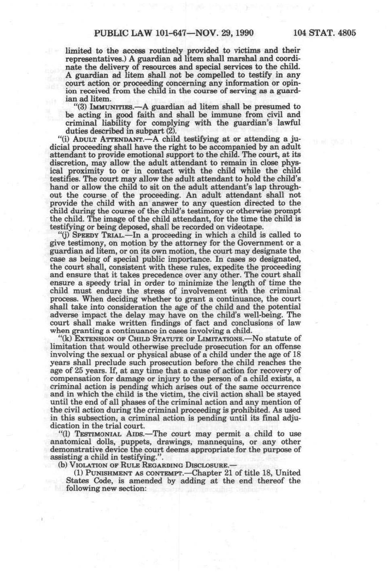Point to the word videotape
tap(246, 227)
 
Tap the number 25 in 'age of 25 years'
tap(82, 370)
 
